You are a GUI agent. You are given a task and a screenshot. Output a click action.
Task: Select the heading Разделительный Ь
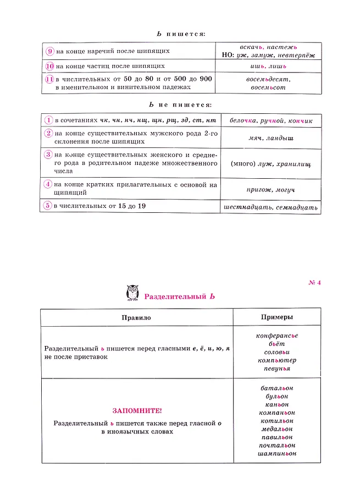[x=179, y=296]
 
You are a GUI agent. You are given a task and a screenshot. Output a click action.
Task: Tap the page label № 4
[x=314, y=283]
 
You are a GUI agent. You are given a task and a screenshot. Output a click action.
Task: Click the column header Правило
[x=136, y=317]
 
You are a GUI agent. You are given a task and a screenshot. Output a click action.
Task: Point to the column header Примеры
[x=276, y=317]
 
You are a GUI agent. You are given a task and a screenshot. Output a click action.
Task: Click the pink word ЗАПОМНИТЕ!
[x=137, y=411]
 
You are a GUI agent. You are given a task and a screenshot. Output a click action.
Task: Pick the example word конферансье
[x=276, y=335]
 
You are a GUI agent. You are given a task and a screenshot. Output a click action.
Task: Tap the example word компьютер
[x=276, y=360]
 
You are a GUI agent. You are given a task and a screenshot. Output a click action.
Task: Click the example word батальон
[x=276, y=388]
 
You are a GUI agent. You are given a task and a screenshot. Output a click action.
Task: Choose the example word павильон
[x=276, y=437]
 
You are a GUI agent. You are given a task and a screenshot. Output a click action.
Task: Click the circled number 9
[x=49, y=51]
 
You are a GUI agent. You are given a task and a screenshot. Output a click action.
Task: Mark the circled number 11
[x=49, y=79]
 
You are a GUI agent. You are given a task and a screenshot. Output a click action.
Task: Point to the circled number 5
[x=48, y=206]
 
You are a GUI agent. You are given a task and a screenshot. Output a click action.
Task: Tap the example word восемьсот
[x=268, y=87]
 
